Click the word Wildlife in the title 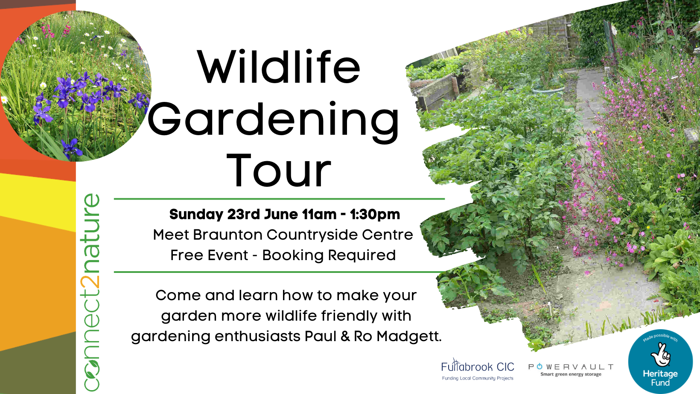[279, 67]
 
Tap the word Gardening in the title [274, 122]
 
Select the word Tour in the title [279, 171]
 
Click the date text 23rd [243, 214]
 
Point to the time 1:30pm [375, 214]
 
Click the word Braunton [227, 235]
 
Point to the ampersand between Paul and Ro [345, 336]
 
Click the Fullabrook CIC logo [478, 369]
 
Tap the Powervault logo [571, 370]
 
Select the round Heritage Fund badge [660, 362]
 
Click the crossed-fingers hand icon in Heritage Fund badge [661, 354]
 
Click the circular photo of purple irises [76, 86]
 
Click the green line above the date [280, 199]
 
